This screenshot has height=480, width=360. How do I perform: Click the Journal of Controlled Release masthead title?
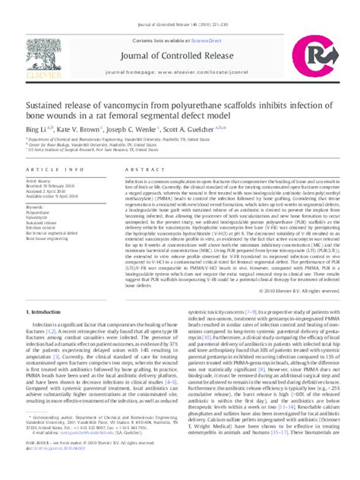179,35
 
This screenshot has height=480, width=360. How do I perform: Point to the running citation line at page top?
179,5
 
